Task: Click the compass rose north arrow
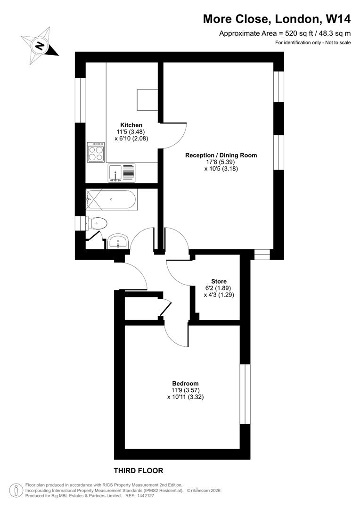pos(41,45)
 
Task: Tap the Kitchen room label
pos(131,125)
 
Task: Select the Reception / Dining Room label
pos(221,155)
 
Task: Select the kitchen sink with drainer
pos(121,172)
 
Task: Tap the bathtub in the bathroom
pos(111,200)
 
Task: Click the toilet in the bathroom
pos(96,222)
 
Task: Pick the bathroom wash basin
pos(117,242)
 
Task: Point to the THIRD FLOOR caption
pos(139,470)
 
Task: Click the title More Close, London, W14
pos(277,19)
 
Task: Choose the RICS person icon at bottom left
pos(16,490)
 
